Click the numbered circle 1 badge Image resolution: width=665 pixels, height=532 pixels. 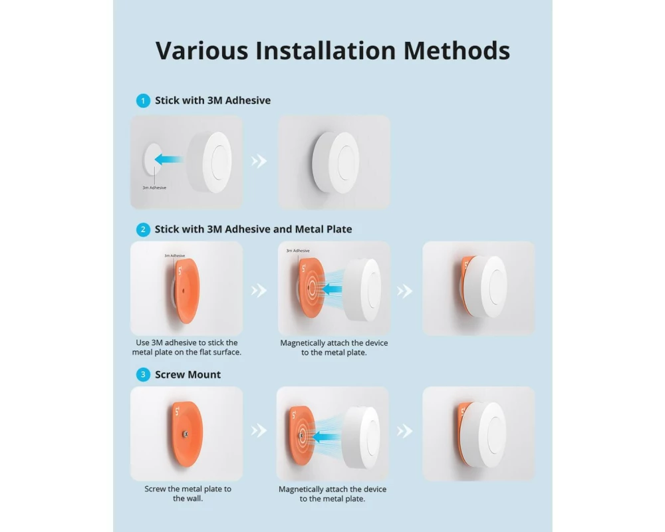pyautogui.click(x=143, y=100)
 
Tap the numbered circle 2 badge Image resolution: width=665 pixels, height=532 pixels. pyautogui.click(x=143, y=229)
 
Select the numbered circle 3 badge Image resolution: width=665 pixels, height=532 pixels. pyautogui.click(x=143, y=374)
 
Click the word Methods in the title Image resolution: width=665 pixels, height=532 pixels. pyautogui.click(x=456, y=51)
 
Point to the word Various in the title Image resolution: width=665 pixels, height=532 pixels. pyautogui.click(x=201, y=51)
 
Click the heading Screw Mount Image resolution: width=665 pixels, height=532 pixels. pyautogui.click(x=188, y=374)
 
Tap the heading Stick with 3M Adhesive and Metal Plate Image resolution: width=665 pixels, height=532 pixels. pyautogui.click(x=253, y=229)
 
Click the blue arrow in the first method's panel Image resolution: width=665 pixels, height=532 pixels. pyautogui.click(x=169, y=160)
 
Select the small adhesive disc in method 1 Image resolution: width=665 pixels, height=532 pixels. pyautogui.click(x=152, y=160)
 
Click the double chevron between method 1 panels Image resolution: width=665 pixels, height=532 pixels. pyautogui.click(x=259, y=161)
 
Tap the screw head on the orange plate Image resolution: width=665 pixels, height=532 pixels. pyautogui.click(x=186, y=434)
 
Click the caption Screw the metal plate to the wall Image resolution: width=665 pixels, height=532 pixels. pyautogui.click(x=188, y=493)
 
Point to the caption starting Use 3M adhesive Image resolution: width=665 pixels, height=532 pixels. pyautogui.click(x=187, y=347)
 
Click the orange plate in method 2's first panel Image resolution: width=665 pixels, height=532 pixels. pyautogui.click(x=186, y=291)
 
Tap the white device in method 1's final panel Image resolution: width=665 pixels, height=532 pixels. pyautogui.click(x=335, y=162)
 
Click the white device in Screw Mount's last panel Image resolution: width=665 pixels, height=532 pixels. pyautogui.click(x=483, y=435)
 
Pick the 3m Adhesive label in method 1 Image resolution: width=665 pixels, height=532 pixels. pyautogui.click(x=154, y=188)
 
